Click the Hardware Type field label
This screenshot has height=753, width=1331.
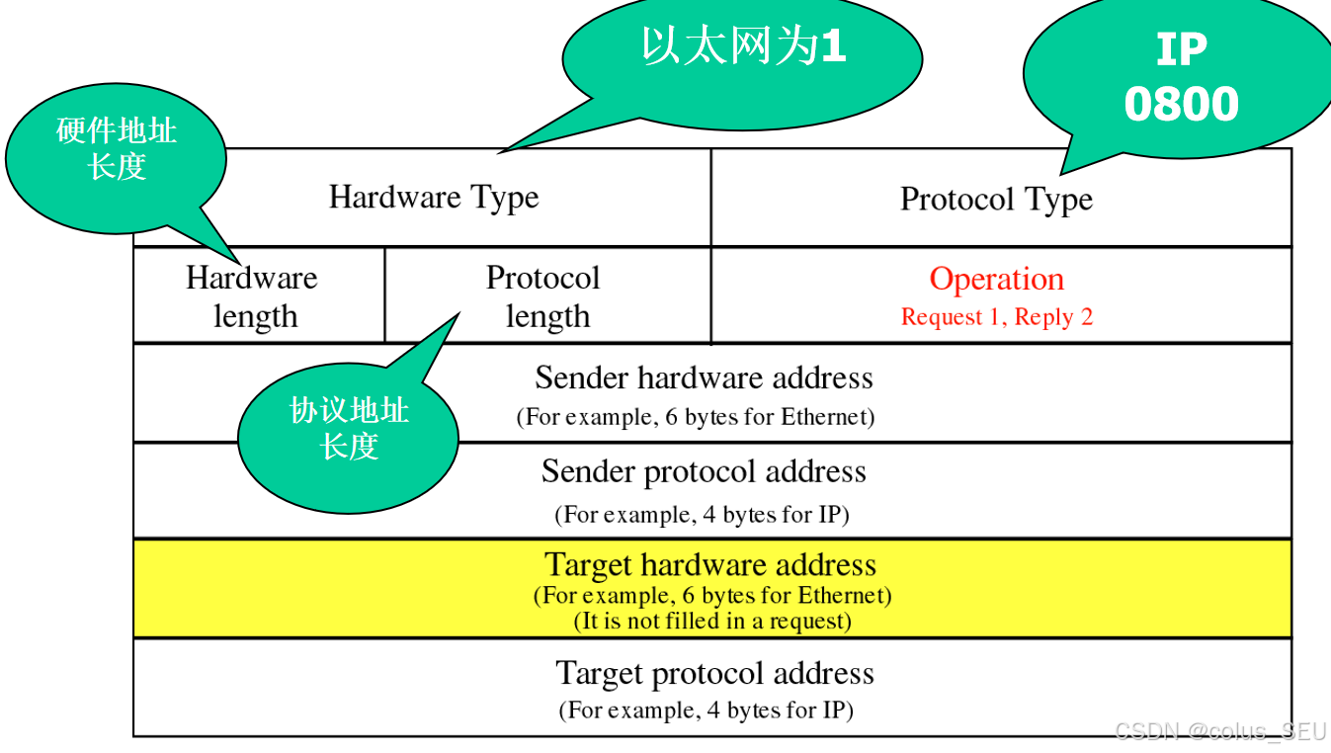(x=434, y=198)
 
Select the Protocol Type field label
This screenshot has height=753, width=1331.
(x=996, y=200)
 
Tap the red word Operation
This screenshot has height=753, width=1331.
(x=996, y=280)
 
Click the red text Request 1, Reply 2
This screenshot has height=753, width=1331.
(x=996, y=317)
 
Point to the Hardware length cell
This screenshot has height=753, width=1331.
(x=252, y=296)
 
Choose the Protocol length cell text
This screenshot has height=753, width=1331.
(x=543, y=296)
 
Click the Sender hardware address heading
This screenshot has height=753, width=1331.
(x=704, y=378)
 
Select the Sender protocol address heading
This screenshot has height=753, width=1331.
(x=704, y=472)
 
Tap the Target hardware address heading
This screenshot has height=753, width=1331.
(x=709, y=565)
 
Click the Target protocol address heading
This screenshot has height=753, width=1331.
(x=714, y=674)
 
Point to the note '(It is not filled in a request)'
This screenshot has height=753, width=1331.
(x=712, y=622)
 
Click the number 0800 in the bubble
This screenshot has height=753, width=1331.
(x=1181, y=105)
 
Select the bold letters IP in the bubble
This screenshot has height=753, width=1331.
(x=1181, y=49)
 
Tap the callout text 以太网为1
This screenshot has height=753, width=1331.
(x=743, y=45)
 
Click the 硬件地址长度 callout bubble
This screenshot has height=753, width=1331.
(x=117, y=148)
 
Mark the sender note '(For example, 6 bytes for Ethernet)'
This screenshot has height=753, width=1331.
(x=696, y=417)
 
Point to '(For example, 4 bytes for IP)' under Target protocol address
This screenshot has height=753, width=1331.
(x=706, y=711)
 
